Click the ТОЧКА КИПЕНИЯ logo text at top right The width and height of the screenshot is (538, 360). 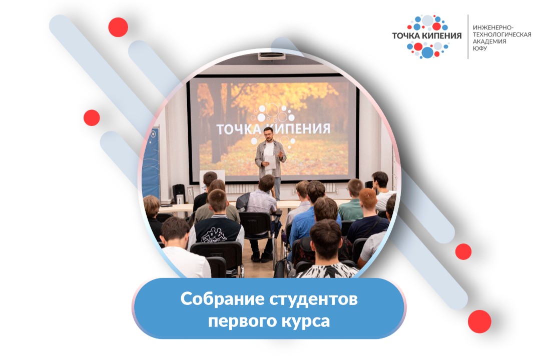click(427, 36)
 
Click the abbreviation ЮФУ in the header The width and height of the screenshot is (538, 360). click(479, 48)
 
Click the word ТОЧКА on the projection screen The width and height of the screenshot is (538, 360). click(237, 128)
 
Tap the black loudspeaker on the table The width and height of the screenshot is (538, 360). click(179, 192)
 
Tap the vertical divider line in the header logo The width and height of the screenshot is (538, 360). click(468, 36)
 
